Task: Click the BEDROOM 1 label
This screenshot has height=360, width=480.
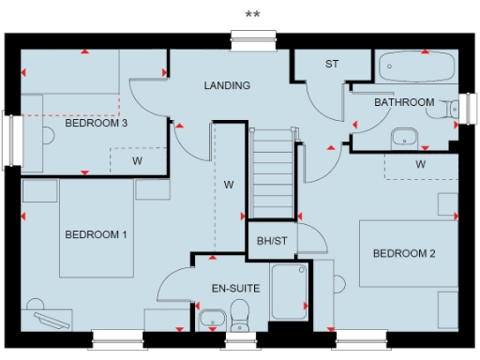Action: pyautogui.click(x=96, y=234)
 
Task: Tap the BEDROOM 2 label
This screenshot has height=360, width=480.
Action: pyautogui.click(x=404, y=253)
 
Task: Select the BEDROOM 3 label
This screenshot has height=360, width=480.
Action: pyautogui.click(x=96, y=122)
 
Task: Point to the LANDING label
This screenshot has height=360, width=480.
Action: pyautogui.click(x=227, y=85)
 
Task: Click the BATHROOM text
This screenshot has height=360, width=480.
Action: pyautogui.click(x=404, y=101)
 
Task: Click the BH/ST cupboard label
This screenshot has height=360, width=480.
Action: pyautogui.click(x=272, y=241)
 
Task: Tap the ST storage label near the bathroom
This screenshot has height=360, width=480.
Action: pyautogui.click(x=331, y=64)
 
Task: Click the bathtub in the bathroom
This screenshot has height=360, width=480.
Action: pyautogui.click(x=416, y=67)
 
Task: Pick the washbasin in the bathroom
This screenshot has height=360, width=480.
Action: pyautogui.click(x=404, y=137)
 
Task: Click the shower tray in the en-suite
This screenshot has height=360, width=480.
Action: pyautogui.click(x=289, y=292)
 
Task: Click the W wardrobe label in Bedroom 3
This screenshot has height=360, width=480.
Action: pyautogui.click(x=136, y=160)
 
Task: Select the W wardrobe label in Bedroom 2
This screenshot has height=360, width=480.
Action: pyautogui.click(x=420, y=164)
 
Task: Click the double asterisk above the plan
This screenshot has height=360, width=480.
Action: pyautogui.click(x=252, y=14)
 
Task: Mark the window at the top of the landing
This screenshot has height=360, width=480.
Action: pyautogui.click(x=252, y=37)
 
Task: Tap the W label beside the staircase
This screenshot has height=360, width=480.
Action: pyautogui.click(x=228, y=185)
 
